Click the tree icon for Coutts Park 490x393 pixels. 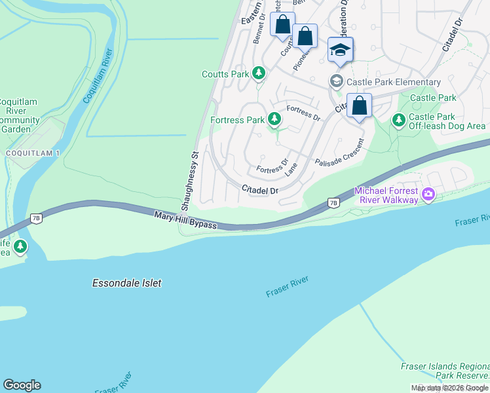click(x=259, y=73)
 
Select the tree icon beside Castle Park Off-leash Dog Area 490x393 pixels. click(x=398, y=121)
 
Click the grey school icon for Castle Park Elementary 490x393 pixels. click(x=336, y=81)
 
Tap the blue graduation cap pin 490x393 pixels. click(x=341, y=50)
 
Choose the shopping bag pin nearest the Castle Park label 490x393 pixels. click(x=359, y=105)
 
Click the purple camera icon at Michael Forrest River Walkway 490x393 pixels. click(x=428, y=194)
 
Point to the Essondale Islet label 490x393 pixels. click(x=126, y=283)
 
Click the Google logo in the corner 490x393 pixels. click(x=22, y=385)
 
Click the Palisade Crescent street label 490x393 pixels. click(x=339, y=153)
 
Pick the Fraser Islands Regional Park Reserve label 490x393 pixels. click(x=445, y=371)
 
